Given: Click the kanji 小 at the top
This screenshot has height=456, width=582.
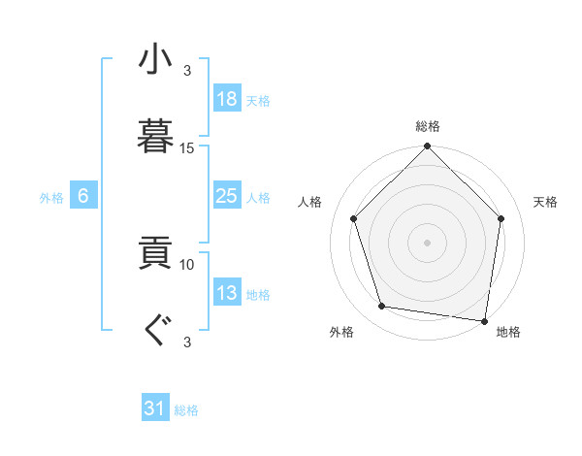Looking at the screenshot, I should (156, 59).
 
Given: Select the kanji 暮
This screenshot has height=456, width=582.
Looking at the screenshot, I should (156, 137).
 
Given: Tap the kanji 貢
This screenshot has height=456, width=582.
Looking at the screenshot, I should (156, 254).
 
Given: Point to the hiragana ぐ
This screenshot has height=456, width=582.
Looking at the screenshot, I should (156, 332).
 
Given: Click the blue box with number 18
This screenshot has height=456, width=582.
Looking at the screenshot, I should (226, 99).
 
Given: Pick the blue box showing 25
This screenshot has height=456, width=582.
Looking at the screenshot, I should (226, 197).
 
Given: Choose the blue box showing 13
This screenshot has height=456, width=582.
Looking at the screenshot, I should (226, 294).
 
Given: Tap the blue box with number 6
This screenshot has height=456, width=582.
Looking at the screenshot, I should (83, 197).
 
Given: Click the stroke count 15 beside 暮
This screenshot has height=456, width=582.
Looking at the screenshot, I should (187, 148).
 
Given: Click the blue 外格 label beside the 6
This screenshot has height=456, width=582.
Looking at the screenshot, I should (51, 198).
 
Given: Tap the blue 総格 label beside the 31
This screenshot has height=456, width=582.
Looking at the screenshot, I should (186, 410).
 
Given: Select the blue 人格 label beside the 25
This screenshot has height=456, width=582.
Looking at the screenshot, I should (258, 198).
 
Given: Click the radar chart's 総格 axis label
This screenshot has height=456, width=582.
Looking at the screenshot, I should (428, 126).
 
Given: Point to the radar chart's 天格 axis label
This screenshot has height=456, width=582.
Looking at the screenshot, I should (546, 202).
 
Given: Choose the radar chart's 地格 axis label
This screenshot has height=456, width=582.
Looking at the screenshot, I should (508, 332).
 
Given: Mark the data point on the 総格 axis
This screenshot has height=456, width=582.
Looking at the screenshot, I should (428, 147).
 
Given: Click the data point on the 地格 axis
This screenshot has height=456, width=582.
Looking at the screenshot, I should (484, 319).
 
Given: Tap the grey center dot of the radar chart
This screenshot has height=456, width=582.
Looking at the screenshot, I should (428, 242).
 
